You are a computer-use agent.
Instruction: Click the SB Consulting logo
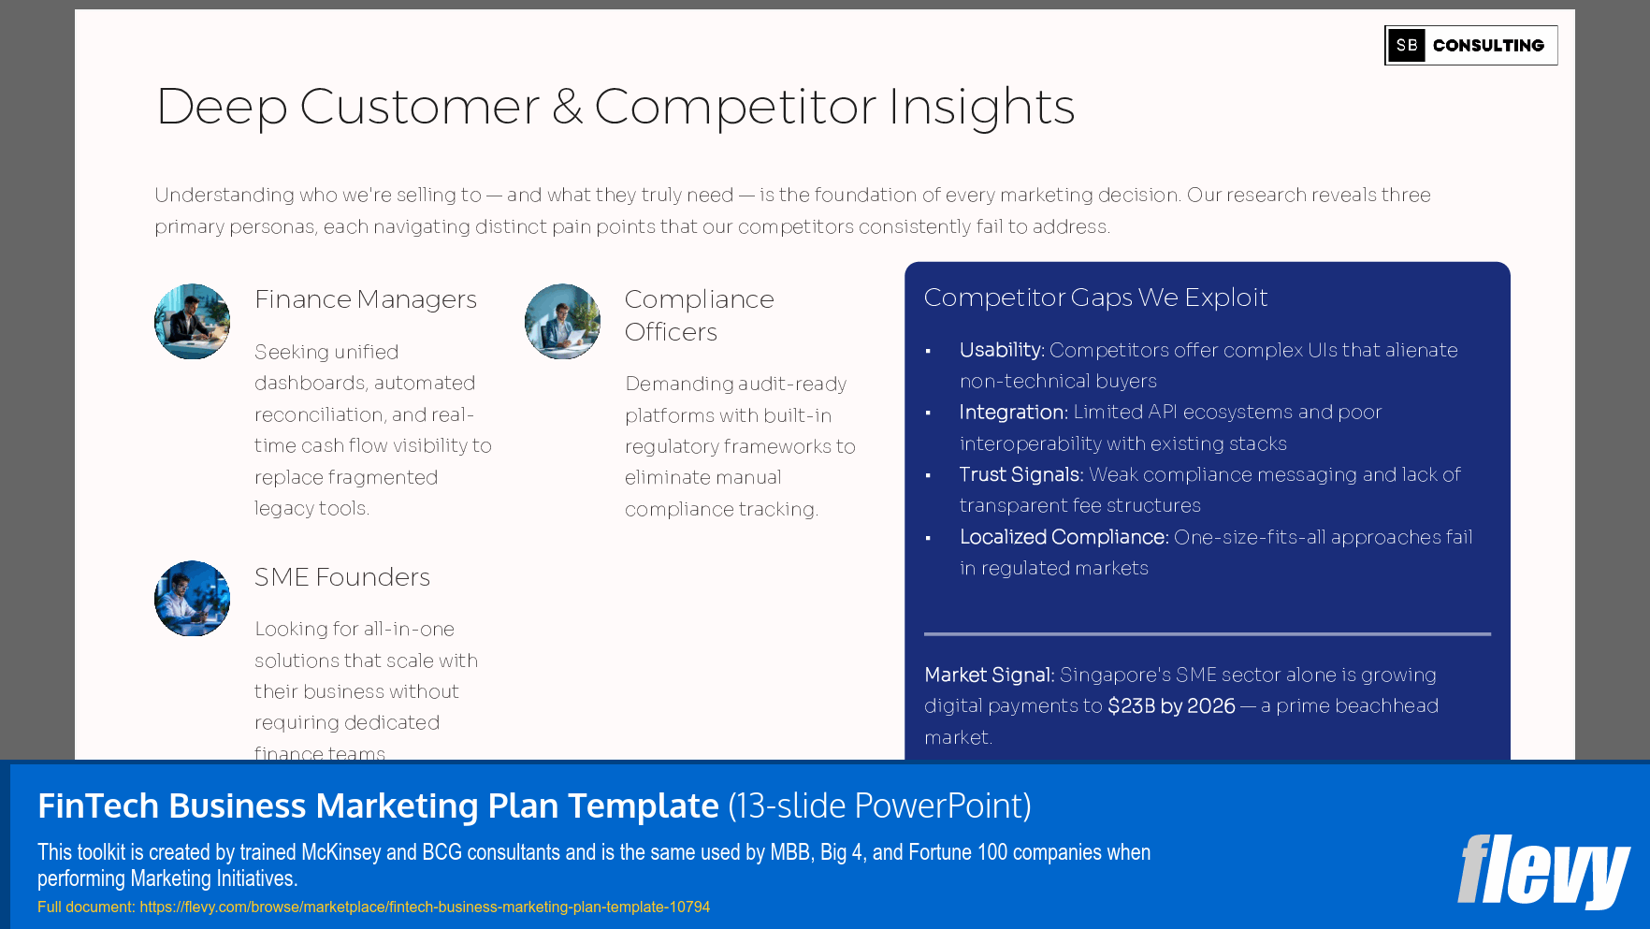(x=1470, y=45)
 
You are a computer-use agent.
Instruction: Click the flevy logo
(x=1542, y=871)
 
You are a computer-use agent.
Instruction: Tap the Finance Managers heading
(x=366, y=299)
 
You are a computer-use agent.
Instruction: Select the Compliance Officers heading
(x=699, y=315)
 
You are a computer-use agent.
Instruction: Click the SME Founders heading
(x=342, y=577)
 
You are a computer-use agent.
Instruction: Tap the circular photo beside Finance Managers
(x=192, y=322)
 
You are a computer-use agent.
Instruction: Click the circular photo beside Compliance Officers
(x=562, y=322)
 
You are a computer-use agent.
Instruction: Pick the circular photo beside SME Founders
(x=192, y=599)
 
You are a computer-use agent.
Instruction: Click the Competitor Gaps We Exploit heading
(x=1095, y=298)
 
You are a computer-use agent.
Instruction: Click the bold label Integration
(x=1012, y=413)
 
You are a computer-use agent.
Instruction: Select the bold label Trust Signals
(x=1020, y=475)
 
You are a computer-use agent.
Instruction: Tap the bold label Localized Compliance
(x=1064, y=537)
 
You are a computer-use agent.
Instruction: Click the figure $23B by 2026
(x=1171, y=706)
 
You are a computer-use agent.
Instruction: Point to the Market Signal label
(x=989, y=675)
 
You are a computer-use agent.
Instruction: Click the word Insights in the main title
(x=981, y=107)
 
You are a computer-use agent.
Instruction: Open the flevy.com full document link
(x=425, y=907)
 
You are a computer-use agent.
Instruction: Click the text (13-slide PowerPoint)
(x=879, y=806)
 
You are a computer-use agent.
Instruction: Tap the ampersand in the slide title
(x=567, y=107)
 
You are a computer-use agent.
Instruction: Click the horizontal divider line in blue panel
(x=1207, y=634)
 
